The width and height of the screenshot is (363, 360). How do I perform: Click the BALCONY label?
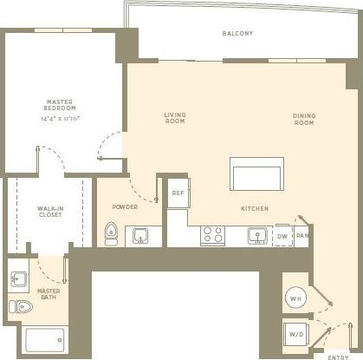(237, 34)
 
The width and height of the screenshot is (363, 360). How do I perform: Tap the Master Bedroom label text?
(59, 105)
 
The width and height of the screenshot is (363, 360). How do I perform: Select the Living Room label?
(175, 118)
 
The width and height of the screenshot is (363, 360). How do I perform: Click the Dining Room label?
(302, 119)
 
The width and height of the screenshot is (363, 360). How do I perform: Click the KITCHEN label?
(255, 209)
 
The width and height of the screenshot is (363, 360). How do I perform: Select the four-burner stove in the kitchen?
(212, 235)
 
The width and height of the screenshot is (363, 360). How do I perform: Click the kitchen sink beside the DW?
(256, 235)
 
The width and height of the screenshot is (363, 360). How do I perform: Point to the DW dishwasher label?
(282, 236)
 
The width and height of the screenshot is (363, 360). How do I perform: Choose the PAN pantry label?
(301, 236)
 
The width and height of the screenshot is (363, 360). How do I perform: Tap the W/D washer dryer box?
(295, 334)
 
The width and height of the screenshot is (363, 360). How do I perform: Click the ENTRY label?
(339, 356)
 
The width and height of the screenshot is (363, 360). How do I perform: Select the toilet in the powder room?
(111, 234)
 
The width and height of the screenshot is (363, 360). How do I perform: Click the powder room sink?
(141, 235)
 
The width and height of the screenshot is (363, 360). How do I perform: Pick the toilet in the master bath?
(23, 306)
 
